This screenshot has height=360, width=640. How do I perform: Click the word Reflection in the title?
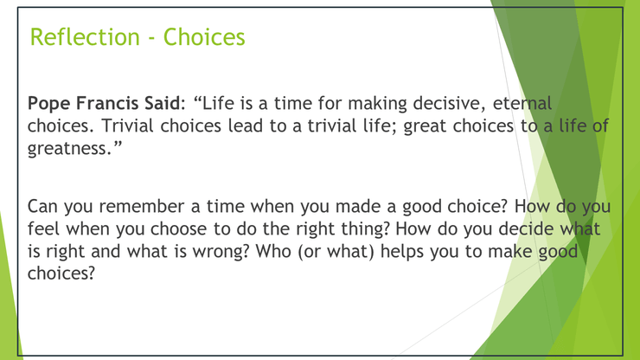(85, 36)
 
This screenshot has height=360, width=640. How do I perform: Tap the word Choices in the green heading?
(204, 36)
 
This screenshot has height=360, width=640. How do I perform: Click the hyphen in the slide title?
(152, 39)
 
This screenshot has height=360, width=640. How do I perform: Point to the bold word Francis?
(108, 103)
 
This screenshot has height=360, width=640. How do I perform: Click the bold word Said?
(162, 103)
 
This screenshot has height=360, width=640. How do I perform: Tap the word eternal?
(522, 103)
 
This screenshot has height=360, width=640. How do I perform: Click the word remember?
(142, 206)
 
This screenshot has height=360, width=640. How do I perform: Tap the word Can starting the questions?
(42, 206)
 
